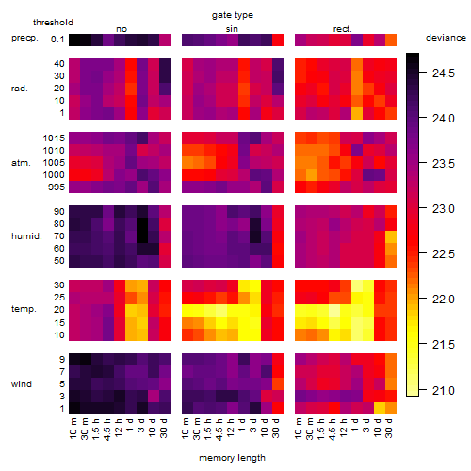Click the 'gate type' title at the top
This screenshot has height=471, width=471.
coord(233,15)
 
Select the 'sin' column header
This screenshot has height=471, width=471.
coord(232,29)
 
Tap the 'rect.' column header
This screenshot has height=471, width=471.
coord(343,29)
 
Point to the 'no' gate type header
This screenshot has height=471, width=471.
coord(122,29)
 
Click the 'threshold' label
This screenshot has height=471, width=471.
coord(53,23)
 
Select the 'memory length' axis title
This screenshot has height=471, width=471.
coord(232,458)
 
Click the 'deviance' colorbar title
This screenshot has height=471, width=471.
coord(446,38)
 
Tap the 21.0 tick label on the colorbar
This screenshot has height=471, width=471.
coord(444,391)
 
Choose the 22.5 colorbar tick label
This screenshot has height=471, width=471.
coord(444,254)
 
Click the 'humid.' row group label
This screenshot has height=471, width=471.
coord(26,236)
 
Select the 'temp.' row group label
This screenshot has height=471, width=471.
coord(24,309)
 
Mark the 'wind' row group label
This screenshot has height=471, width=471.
coord(22,384)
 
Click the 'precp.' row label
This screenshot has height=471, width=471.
coord(24,38)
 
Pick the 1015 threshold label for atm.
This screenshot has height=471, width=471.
coord(54,138)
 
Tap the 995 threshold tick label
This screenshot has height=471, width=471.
coord(57,187)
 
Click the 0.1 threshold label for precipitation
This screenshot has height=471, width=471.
coord(57,40)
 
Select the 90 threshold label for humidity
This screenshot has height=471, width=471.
coord(59,212)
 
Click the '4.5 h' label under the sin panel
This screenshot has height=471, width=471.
coord(219,429)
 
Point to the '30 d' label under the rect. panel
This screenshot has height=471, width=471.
coord(389,428)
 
